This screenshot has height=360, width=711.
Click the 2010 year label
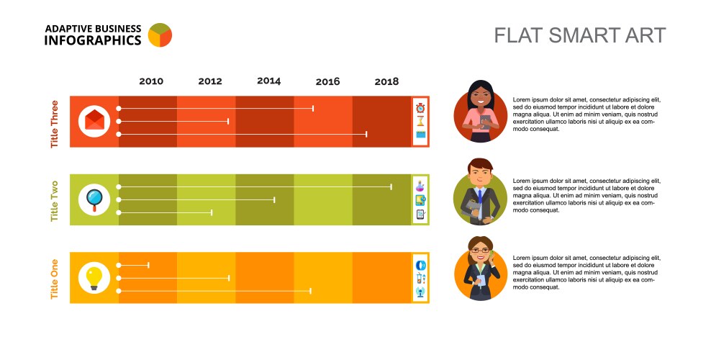(151, 82)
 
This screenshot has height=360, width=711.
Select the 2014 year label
(268, 81)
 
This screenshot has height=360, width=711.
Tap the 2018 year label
(386, 82)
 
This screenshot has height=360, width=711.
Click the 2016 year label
(327, 82)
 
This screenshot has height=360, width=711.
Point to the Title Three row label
(55, 124)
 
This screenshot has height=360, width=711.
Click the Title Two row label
(55, 201)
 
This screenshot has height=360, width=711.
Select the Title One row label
(55, 279)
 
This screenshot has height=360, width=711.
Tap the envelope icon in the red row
(94, 120)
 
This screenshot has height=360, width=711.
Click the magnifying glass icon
(94, 199)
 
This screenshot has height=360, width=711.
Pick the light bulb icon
(94, 277)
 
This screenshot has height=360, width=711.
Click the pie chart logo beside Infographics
(160, 35)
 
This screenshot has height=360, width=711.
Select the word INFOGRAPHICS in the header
(92, 40)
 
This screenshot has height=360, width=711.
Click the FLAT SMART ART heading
(579, 35)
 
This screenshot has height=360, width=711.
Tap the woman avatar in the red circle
(480, 113)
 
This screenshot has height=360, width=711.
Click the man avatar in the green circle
(480, 192)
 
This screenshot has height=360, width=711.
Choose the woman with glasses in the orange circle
(480, 269)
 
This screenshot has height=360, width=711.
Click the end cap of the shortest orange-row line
(149, 265)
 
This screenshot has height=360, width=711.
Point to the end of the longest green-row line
(391, 186)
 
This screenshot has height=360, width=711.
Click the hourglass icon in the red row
(420, 121)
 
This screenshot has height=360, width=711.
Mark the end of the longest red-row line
(367, 134)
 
